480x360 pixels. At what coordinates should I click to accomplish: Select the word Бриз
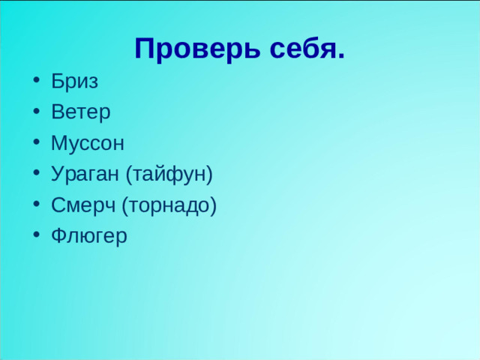[74, 81]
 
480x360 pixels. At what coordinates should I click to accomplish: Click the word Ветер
[81, 112]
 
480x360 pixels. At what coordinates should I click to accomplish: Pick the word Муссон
[88, 142]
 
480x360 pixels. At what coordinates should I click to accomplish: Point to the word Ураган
[85, 174]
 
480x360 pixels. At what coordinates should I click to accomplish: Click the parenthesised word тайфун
[169, 174]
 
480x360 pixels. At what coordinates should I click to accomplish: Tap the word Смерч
[83, 205]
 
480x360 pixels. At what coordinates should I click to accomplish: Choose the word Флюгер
[89, 236]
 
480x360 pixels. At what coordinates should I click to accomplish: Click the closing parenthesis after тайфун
[210, 175]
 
